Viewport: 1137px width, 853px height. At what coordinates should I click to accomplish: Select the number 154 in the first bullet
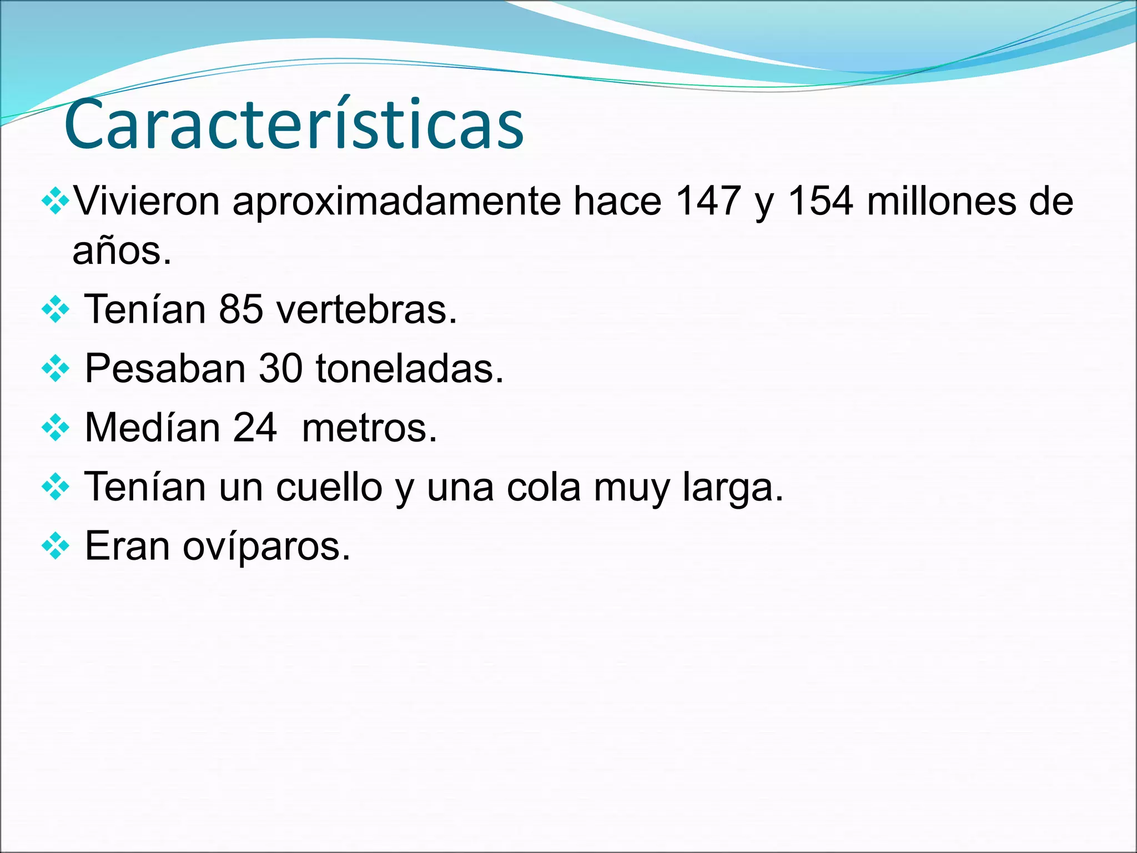tap(821, 200)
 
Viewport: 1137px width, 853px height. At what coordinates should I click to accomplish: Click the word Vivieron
tap(147, 200)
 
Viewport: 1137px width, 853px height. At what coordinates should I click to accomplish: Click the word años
tap(122, 251)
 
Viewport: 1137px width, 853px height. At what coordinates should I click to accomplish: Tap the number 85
tap(241, 309)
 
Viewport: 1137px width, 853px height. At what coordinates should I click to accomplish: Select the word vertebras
tap(366, 309)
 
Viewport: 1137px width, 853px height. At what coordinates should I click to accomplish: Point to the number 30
tap(280, 368)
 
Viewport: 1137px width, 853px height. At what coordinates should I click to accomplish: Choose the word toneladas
tap(409, 368)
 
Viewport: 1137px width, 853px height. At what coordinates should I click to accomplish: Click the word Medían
tap(152, 428)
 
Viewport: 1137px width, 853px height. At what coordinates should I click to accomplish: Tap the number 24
tap(255, 428)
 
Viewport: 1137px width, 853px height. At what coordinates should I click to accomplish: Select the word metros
tap(369, 429)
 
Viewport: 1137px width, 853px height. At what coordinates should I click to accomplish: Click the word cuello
tap(329, 487)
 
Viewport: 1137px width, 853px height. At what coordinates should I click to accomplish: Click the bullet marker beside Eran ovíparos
tap(56, 546)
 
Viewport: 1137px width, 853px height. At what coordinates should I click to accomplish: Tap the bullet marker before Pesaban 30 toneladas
tap(56, 368)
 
